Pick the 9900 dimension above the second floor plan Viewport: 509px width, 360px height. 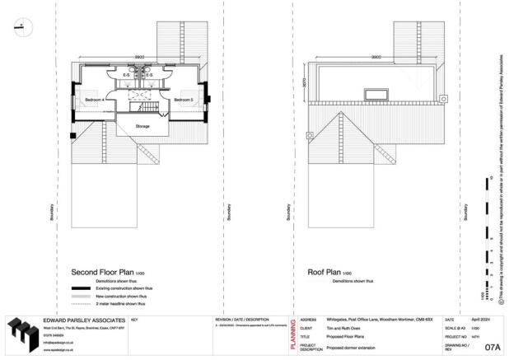tap(141, 57)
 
